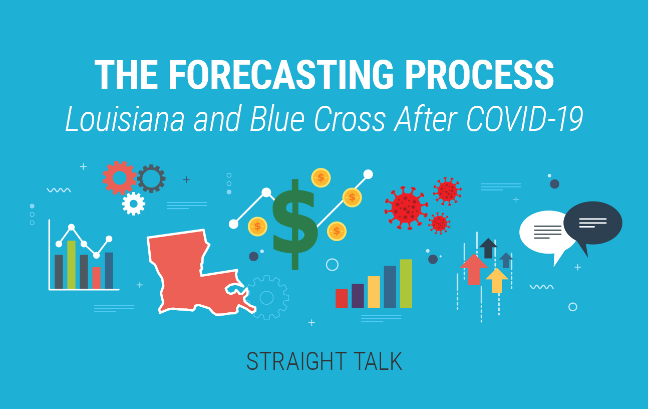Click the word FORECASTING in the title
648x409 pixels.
coord(280,75)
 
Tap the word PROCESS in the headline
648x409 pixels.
coord(479,75)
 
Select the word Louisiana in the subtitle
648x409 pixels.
coord(125,119)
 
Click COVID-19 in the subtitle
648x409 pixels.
coord(524,119)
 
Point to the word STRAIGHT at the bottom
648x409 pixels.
coord(296,361)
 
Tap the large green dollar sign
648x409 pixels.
coord(295,225)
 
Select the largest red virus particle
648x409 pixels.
coord(406,208)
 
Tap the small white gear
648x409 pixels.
coord(133,204)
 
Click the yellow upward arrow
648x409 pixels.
coord(497,280)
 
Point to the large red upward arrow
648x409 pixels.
coord(474,269)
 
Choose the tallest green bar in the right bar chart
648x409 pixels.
coord(406,283)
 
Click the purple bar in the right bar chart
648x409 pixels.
coord(358,296)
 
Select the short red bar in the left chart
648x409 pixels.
coord(96,278)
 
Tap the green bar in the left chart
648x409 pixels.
coord(72,265)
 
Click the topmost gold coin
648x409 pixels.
coord(321,178)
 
